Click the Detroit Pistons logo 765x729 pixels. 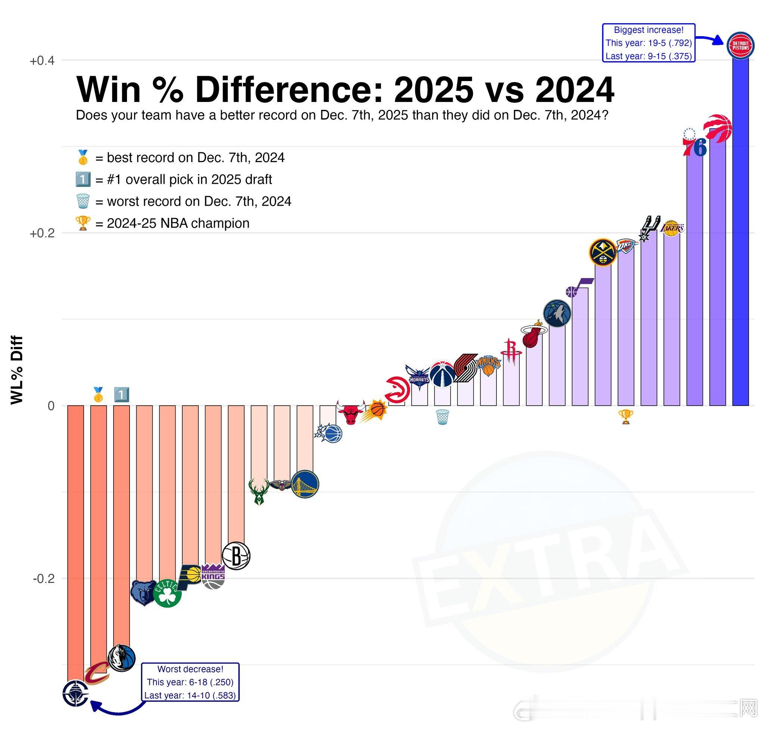click(740, 46)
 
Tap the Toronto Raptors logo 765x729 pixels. click(718, 127)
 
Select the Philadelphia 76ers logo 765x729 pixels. click(695, 143)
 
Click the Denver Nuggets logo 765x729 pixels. click(603, 252)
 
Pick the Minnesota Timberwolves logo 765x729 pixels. click(557, 313)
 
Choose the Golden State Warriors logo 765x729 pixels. click(305, 484)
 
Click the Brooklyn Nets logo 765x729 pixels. click(236, 556)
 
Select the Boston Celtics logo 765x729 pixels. click(167, 593)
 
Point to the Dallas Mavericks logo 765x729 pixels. click(122, 659)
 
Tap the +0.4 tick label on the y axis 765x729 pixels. click(42, 61)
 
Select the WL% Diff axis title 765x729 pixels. click(17, 370)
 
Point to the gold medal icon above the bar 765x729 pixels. click(98, 395)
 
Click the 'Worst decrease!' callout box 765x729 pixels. click(190, 682)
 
